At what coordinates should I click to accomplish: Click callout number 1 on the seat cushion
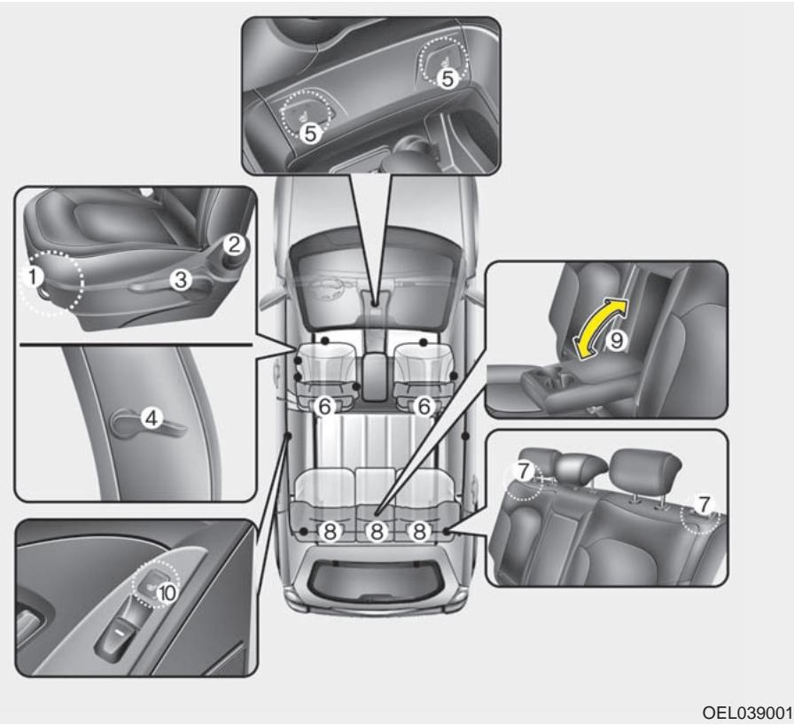click(x=33, y=277)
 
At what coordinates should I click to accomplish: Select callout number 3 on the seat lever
click(x=180, y=280)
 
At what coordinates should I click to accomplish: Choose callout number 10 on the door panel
click(x=165, y=593)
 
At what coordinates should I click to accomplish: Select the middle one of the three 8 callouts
click(x=377, y=532)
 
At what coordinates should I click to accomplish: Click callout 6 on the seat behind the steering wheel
click(x=324, y=405)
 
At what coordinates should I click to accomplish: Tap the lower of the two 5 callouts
click(x=309, y=133)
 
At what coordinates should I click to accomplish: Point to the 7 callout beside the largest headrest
click(x=704, y=504)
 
